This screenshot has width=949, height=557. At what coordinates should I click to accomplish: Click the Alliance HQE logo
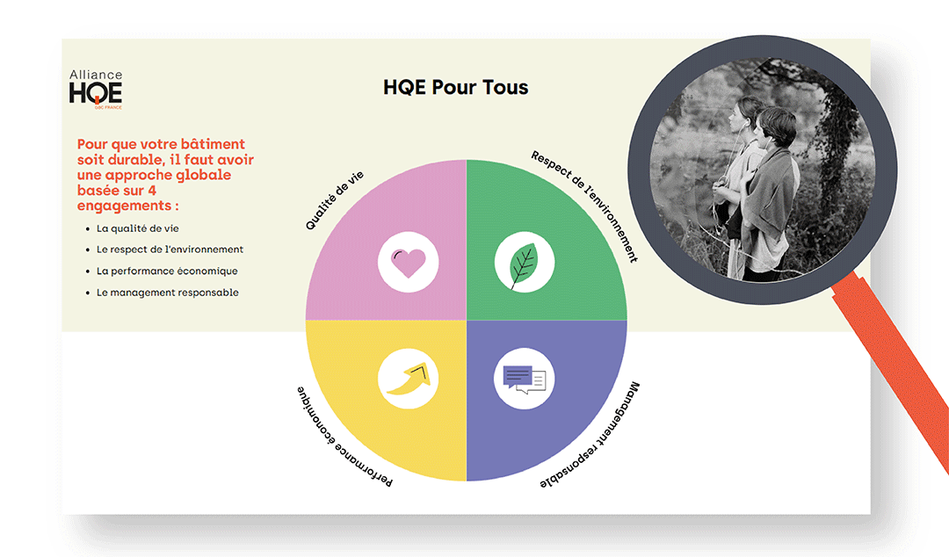[96, 89]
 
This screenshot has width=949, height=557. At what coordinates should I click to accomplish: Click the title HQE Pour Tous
[456, 87]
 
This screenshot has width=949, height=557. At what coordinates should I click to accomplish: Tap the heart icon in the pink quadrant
[409, 262]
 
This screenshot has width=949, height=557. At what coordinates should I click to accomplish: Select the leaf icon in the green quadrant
[524, 264]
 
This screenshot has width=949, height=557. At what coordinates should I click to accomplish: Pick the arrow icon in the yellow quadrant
[409, 379]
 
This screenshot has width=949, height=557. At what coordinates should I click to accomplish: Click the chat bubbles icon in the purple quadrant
[524, 380]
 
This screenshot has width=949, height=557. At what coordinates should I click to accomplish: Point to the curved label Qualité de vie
[334, 200]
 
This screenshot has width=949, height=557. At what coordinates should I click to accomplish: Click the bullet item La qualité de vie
[137, 228]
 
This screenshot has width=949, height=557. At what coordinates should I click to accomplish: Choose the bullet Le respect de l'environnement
[170, 250]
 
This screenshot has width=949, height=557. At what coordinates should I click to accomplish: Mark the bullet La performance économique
[167, 271]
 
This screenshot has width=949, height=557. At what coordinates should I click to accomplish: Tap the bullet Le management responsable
[168, 293]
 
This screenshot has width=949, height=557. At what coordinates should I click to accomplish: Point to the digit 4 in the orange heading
[152, 191]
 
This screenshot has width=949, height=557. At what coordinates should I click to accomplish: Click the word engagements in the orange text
[124, 206]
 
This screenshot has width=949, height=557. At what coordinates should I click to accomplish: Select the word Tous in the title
[505, 87]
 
